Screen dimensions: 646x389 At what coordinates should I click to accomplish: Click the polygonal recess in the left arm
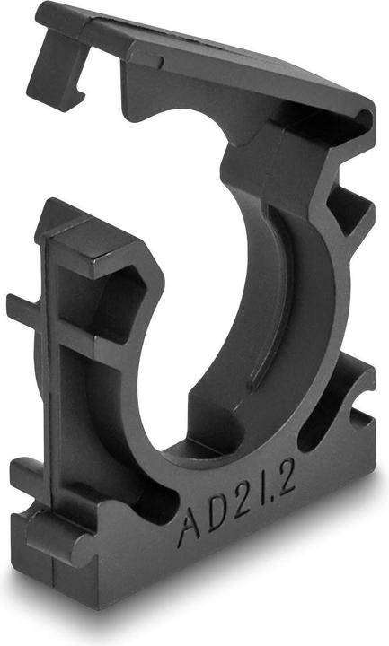coord(117,296)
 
